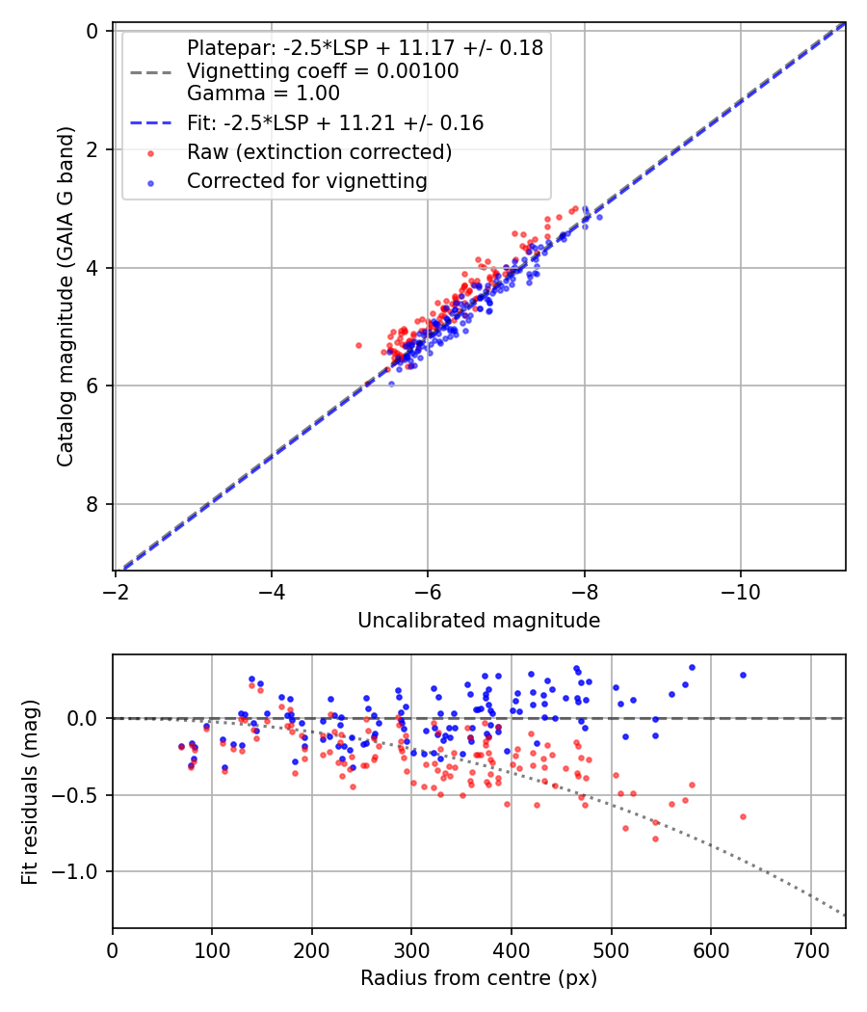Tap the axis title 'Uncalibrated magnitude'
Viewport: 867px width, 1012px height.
(x=479, y=621)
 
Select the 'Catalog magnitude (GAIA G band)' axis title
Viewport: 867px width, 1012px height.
(x=66, y=301)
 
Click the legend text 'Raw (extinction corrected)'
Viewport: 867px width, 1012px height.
(x=319, y=152)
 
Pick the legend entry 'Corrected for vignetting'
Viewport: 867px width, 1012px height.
(x=307, y=180)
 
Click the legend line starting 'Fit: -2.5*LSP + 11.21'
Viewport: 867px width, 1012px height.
(x=335, y=123)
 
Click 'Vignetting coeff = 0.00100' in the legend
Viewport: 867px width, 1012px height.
(x=323, y=71)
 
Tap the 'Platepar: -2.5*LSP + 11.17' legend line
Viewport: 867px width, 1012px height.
(x=365, y=47)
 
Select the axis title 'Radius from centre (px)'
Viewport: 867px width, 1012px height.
(x=479, y=978)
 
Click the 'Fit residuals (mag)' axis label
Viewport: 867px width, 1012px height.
(x=30, y=791)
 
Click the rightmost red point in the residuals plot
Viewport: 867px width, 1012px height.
(x=743, y=816)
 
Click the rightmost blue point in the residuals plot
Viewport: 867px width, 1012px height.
(x=743, y=675)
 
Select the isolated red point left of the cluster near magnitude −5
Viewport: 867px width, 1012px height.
(x=358, y=344)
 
